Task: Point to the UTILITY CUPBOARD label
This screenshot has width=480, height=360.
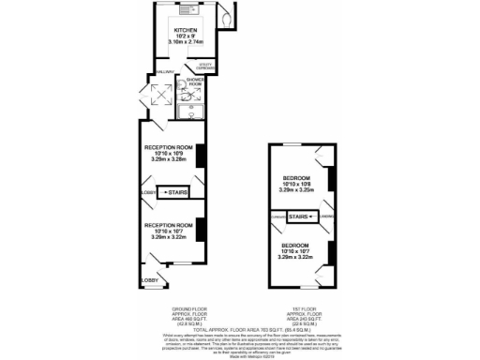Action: click(x=207, y=66)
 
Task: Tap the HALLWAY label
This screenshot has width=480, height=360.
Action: click(x=165, y=71)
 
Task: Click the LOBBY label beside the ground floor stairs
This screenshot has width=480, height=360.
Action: click(x=147, y=192)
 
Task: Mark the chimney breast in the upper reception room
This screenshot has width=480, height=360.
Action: click(x=199, y=154)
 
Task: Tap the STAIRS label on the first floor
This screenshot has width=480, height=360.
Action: click(x=298, y=216)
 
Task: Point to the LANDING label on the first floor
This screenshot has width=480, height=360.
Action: click(x=323, y=217)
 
